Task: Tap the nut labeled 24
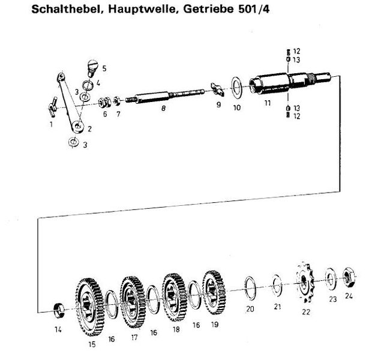coord(347,277)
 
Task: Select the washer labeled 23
coord(330,278)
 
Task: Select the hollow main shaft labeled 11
coord(282,84)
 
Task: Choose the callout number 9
coord(218,104)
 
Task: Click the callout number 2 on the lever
coord(88,128)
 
